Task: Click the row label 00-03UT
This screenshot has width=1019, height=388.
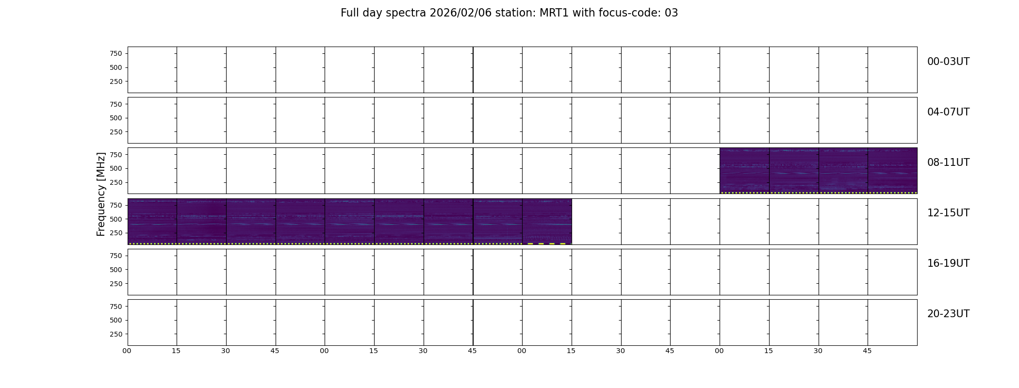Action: [948, 62]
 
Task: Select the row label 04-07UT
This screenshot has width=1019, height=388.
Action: [948, 112]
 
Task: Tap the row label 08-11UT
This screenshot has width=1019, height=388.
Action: [948, 162]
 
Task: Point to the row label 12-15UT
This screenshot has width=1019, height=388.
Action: [948, 213]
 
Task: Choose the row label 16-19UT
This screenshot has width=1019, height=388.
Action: [948, 263]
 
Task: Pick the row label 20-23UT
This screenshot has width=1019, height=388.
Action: [948, 314]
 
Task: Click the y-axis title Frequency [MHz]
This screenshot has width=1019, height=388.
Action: [101, 194]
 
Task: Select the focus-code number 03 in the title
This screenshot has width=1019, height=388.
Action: [671, 13]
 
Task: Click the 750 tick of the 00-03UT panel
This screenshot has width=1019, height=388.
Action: [116, 53]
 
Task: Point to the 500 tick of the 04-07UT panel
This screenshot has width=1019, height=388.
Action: [116, 118]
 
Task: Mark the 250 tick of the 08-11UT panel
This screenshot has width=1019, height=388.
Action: [116, 182]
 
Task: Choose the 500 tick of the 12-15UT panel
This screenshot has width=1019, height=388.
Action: [116, 219]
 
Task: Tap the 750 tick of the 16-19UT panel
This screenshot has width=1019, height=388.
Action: [116, 256]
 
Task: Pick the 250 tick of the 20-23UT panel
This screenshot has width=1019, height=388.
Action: [116, 334]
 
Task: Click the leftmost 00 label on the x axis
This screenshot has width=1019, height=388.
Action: [127, 351]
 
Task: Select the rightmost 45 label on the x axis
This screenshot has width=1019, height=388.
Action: [867, 351]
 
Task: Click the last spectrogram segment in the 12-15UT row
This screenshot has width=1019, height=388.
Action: [547, 222]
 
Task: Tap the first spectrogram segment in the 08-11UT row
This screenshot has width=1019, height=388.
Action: [744, 171]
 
